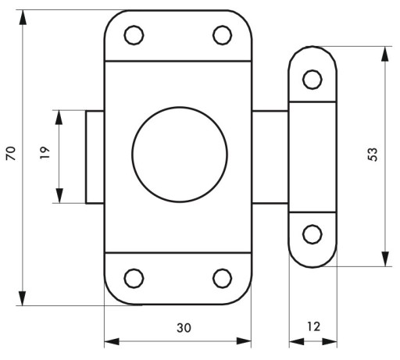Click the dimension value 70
11,153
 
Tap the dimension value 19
45,153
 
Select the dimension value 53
373,155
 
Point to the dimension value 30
184,328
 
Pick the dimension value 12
313,326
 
